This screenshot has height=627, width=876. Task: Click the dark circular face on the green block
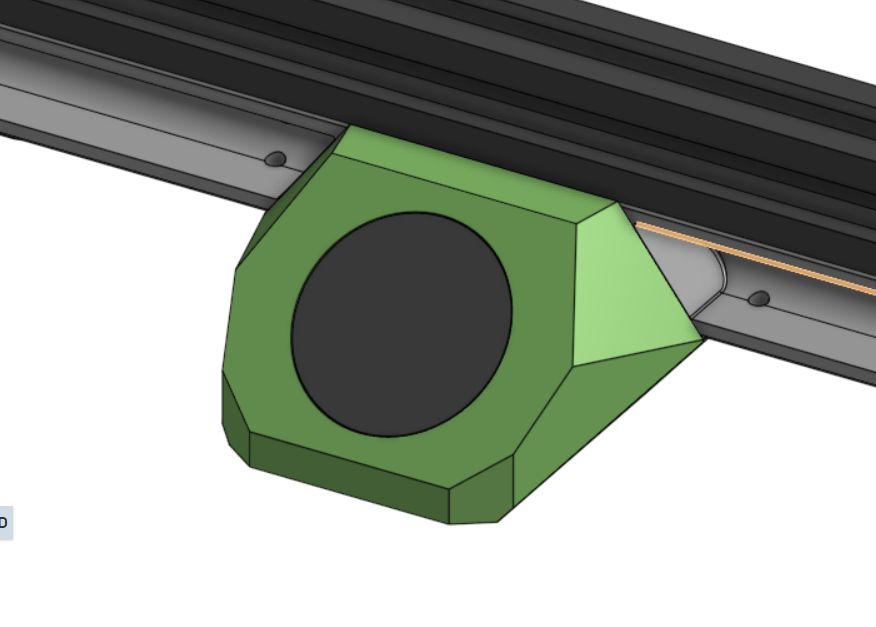[x=401, y=324]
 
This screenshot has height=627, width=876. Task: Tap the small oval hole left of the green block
[x=275, y=159]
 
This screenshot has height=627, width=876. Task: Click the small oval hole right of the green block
[x=759, y=298]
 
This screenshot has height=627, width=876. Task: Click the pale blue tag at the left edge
[x=5, y=522]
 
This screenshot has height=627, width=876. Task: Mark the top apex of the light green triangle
[x=616, y=204]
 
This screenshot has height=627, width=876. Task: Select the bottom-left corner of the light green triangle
[x=573, y=366]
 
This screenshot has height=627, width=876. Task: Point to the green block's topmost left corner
[x=348, y=126]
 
